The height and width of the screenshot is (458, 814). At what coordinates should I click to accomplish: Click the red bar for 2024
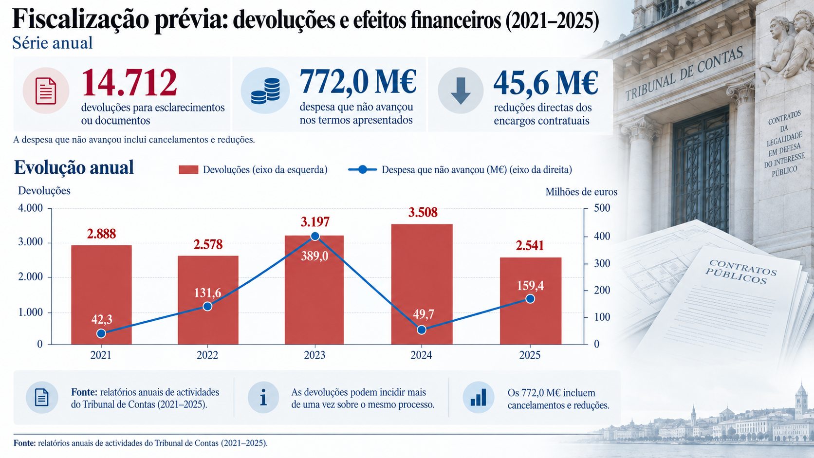[x=422, y=284]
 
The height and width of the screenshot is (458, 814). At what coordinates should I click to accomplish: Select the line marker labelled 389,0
[x=315, y=237]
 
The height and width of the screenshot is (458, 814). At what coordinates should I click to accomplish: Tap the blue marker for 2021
[x=101, y=333]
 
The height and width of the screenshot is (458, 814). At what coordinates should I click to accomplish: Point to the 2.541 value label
[x=530, y=245]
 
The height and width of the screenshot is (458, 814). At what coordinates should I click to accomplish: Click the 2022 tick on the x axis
[x=207, y=355]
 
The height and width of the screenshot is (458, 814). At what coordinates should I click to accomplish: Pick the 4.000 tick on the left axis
[x=31, y=208]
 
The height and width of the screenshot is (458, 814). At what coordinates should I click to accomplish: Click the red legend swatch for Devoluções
[x=188, y=169]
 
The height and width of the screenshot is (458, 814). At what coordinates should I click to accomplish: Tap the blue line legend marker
[x=362, y=169]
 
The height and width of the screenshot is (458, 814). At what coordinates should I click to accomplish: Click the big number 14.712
[x=129, y=82]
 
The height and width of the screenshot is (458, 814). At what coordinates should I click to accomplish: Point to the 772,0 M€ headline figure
[x=358, y=82]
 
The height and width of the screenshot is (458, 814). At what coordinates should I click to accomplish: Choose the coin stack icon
[x=265, y=91]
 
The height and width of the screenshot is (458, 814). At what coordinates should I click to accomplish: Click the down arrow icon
[x=461, y=91]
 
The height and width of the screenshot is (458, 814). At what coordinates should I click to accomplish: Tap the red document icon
[x=46, y=91]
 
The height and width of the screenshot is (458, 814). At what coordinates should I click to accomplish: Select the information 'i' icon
[x=263, y=397]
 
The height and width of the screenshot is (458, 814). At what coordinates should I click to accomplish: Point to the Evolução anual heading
[x=74, y=167]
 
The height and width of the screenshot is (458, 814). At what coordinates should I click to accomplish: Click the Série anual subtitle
[x=53, y=43]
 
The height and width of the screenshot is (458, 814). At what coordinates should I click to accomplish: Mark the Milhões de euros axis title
[x=581, y=192]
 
